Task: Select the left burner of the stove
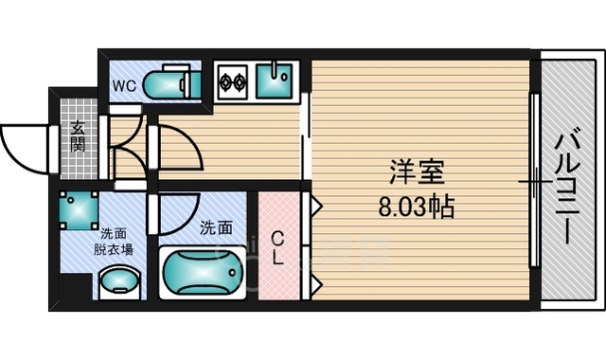[x=226, y=82]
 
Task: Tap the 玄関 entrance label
[x=79, y=138]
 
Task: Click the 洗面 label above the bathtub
[x=216, y=227]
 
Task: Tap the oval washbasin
[x=119, y=281]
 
